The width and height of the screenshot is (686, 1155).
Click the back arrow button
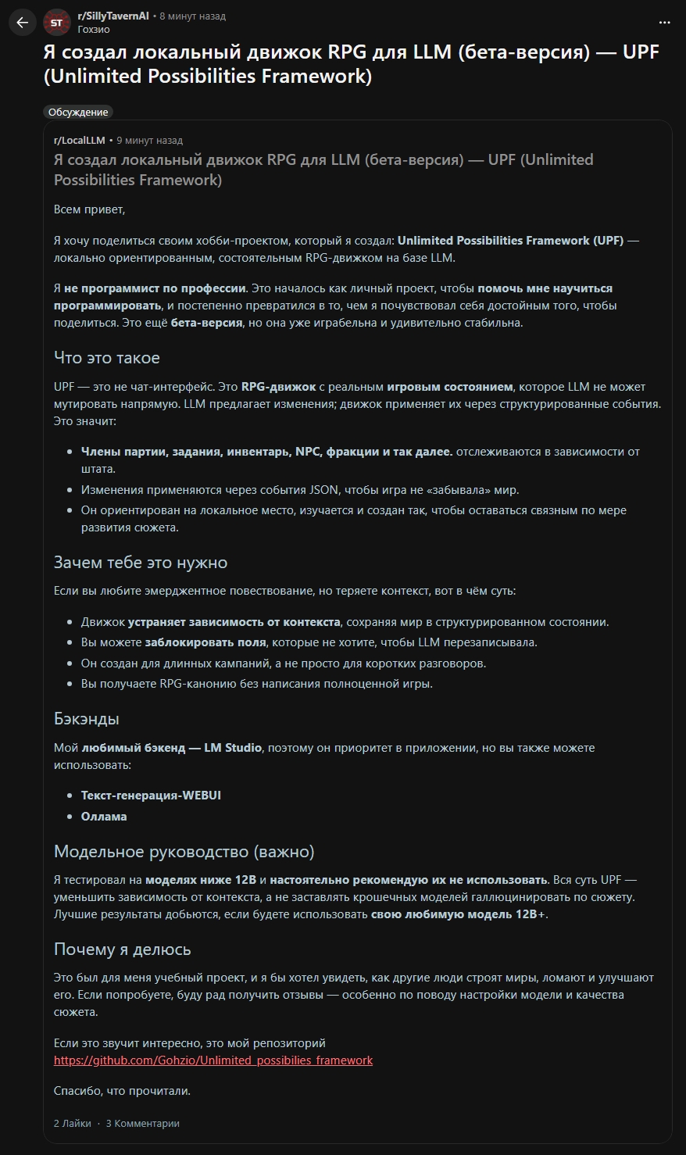(22, 23)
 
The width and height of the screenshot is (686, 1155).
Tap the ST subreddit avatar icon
(56, 23)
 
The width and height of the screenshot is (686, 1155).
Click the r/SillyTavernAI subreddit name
(113, 16)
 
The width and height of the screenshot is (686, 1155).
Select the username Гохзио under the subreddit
(94, 30)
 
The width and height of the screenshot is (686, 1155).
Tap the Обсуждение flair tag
(78, 112)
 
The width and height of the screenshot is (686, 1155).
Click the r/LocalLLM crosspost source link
(79, 141)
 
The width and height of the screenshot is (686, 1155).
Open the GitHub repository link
(213, 1060)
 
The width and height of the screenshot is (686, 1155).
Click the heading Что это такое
(106, 358)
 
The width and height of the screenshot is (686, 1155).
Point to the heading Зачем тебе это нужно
(141, 563)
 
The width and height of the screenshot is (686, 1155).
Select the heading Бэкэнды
(86, 719)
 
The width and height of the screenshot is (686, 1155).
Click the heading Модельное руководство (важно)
(184, 851)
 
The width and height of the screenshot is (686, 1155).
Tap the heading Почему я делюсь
(122, 949)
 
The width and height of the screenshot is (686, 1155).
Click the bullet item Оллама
(104, 817)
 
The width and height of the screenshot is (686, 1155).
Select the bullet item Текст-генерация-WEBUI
(151, 796)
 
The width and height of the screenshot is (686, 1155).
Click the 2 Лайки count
(72, 1124)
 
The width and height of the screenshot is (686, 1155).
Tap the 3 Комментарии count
(143, 1124)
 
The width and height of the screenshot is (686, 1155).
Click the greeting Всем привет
(89, 209)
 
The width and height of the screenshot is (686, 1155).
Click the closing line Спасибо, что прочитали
(122, 1091)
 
